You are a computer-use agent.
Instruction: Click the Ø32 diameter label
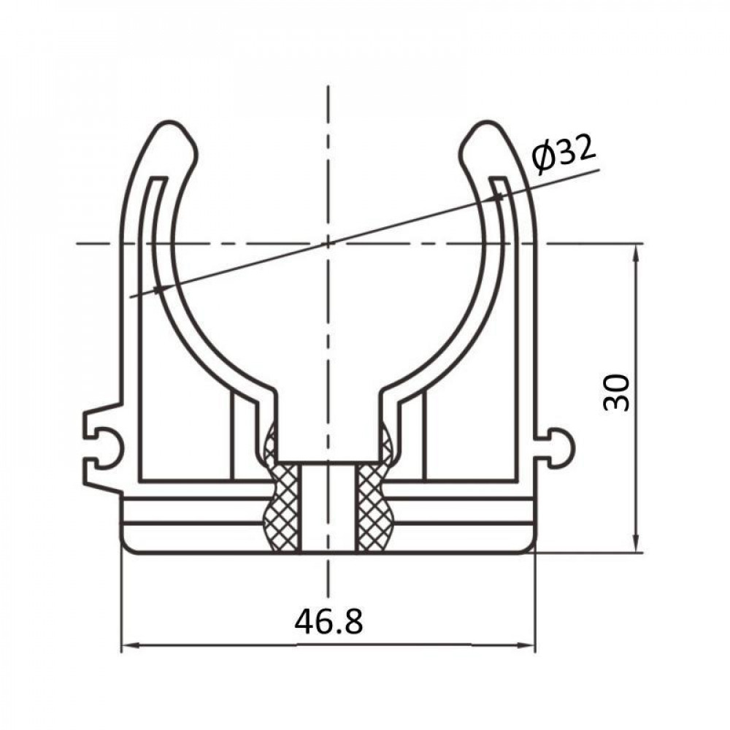click(x=564, y=154)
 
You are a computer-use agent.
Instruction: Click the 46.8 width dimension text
click(x=328, y=622)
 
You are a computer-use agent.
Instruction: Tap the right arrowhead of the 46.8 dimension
click(x=530, y=645)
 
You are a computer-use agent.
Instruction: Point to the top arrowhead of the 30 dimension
click(x=637, y=250)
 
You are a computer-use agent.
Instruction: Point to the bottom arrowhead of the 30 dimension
click(x=637, y=546)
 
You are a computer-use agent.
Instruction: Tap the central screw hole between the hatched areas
click(x=328, y=507)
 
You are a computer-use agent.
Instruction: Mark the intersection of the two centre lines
click(x=328, y=242)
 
